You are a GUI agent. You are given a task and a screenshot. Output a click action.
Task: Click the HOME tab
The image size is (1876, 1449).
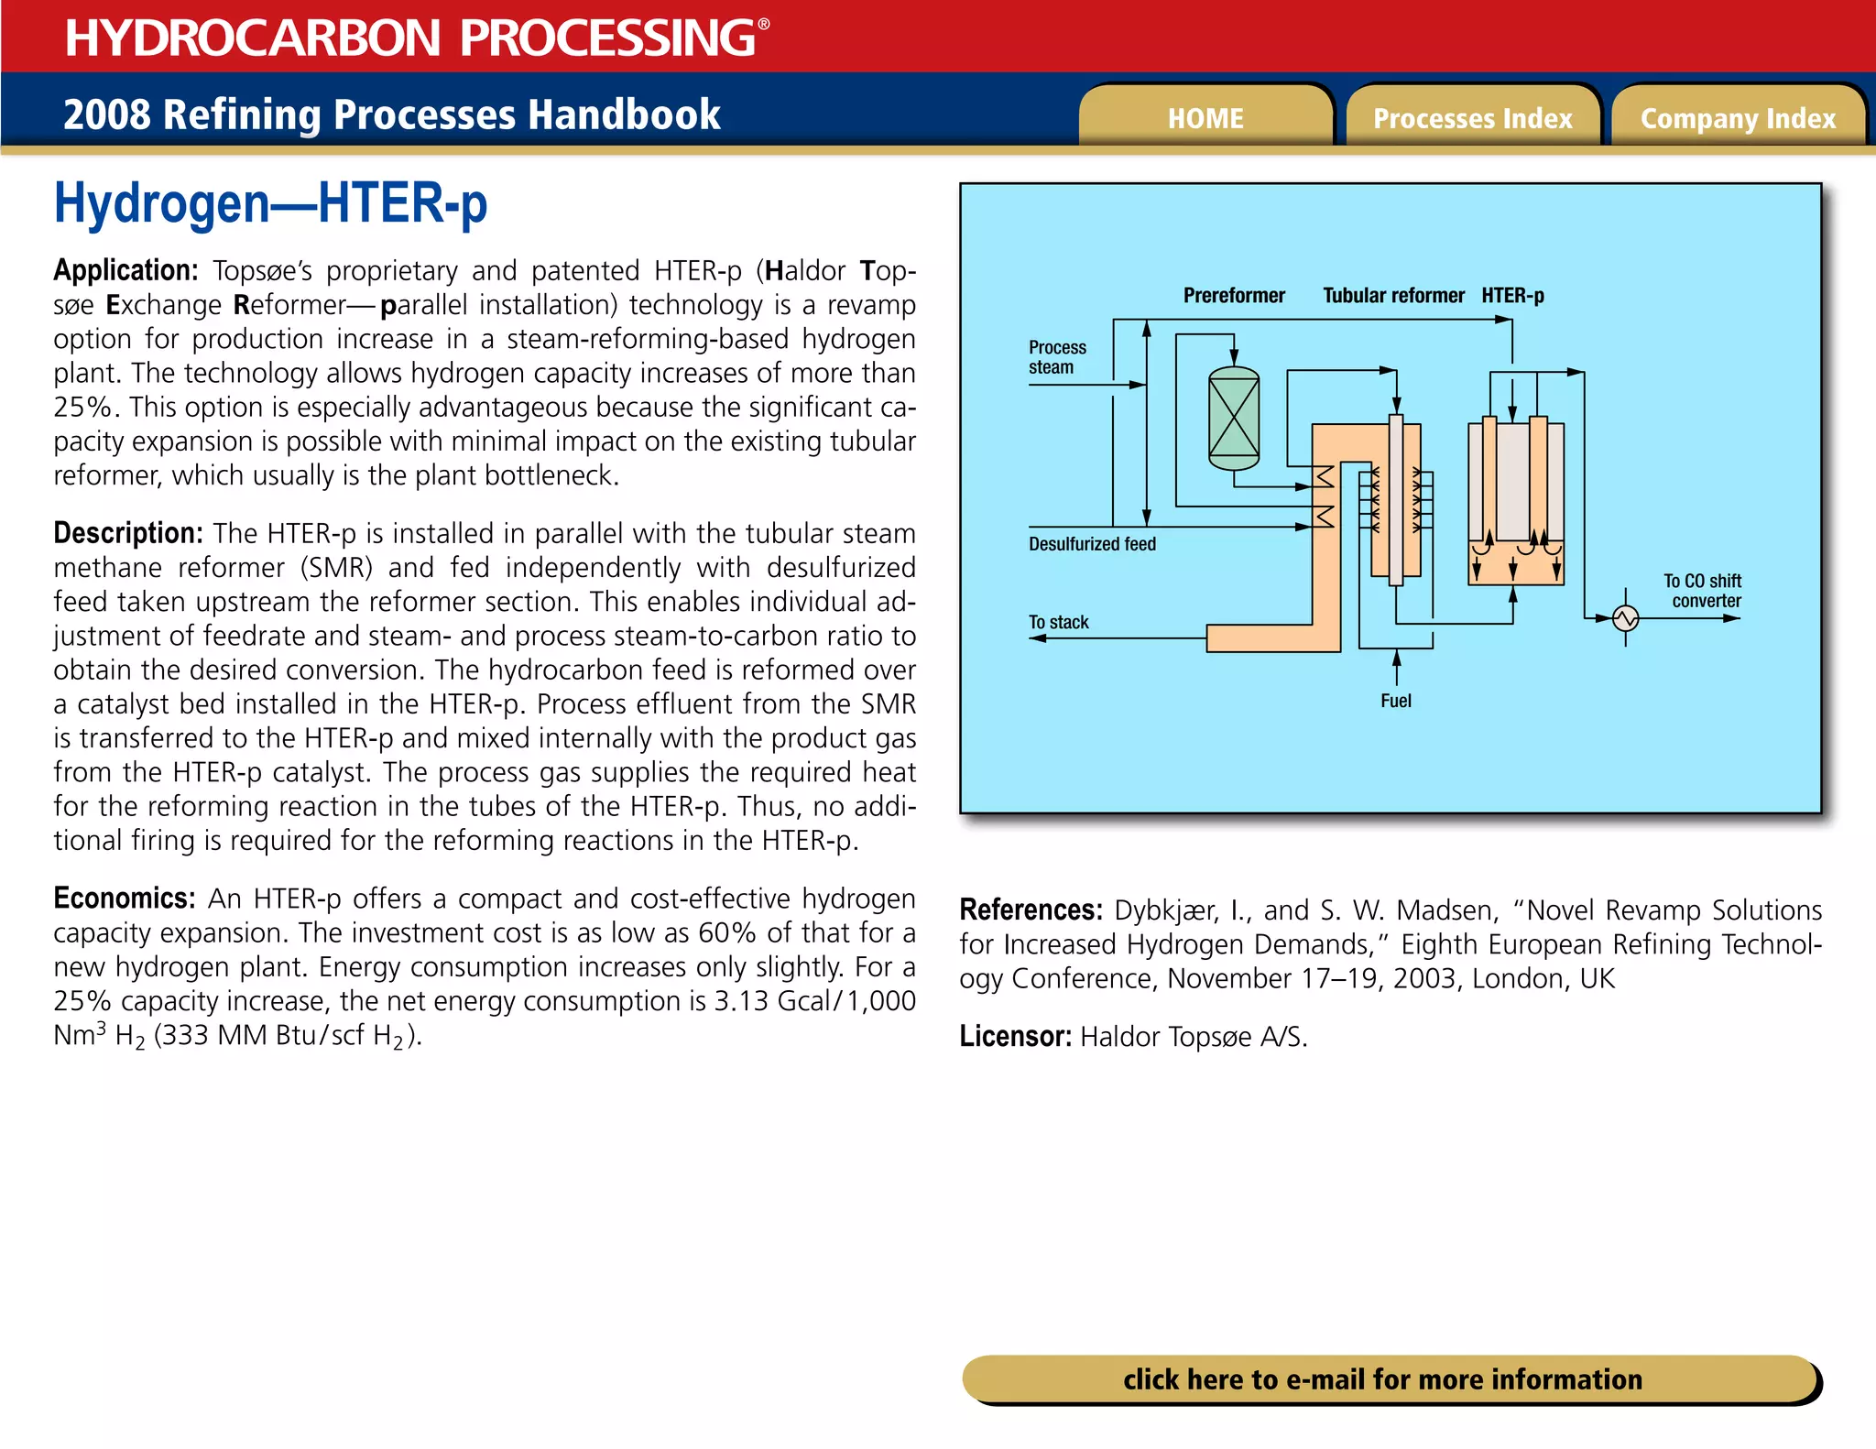pos(1205,118)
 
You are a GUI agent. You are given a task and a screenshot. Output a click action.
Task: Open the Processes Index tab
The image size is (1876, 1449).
pos(1472,118)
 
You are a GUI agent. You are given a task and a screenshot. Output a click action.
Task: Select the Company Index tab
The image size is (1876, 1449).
pos(1738,118)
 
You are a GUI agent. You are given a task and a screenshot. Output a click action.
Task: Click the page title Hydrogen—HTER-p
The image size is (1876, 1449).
pos(270,203)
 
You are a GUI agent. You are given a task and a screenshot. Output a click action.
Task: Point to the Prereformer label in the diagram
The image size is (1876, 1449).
pos(1234,296)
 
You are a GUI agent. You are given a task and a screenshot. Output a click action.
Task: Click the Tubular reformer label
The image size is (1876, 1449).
pos(1393,296)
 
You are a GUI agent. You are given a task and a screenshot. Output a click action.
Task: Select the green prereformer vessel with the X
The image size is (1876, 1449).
pos(1234,418)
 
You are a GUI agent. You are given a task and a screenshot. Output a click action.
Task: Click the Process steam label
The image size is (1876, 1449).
pos(1056,357)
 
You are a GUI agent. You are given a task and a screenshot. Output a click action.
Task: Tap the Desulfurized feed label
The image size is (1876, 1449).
pos(1092,544)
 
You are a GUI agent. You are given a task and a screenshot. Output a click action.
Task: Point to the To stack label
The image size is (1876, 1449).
pos(1058,623)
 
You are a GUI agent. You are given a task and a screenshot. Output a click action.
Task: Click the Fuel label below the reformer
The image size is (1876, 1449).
pos(1396,701)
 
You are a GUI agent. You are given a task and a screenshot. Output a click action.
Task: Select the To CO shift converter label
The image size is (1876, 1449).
pos(1703,591)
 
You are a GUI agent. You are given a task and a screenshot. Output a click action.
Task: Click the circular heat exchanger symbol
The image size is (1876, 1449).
pos(1626,618)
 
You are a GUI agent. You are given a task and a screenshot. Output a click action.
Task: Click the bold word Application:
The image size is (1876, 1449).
pos(125,270)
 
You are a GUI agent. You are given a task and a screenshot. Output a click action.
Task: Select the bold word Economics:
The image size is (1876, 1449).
pos(124,898)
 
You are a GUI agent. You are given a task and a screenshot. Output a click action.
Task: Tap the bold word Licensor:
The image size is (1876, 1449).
pos(1015,1036)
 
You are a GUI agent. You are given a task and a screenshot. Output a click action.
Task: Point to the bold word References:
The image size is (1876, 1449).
pos(1031,910)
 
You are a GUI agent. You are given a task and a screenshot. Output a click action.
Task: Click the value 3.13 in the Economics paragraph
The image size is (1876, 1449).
pos(741,1001)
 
